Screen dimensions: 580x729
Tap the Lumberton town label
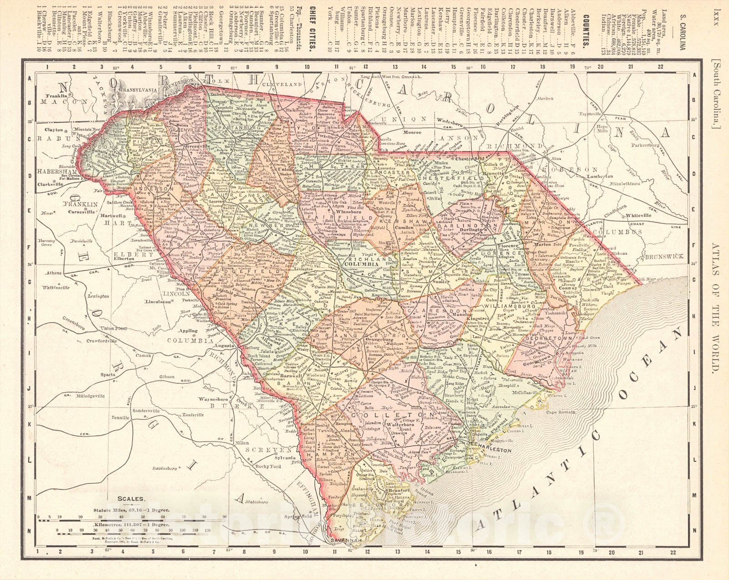pos(598,176)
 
